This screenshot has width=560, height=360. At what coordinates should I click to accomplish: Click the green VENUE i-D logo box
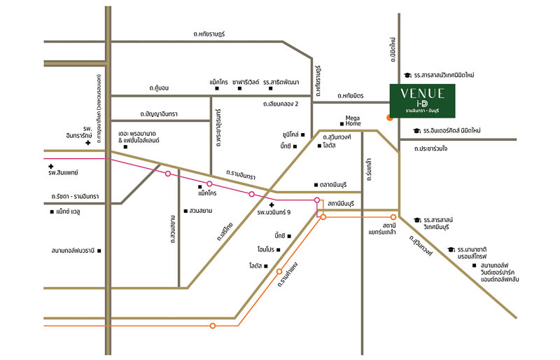coord(422,101)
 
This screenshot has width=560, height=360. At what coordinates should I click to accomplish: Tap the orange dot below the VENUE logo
coord(389,117)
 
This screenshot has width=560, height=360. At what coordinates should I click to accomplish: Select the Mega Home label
coord(353,120)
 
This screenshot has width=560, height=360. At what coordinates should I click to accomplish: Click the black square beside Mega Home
coord(342,124)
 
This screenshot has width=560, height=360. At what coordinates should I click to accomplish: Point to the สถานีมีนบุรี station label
coord(340,204)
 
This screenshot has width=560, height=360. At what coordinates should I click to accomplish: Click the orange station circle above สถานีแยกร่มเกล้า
coord(393,217)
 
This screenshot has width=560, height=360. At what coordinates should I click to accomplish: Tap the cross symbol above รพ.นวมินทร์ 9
coord(272,205)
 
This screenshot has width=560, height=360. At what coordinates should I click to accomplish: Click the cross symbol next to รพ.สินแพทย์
coord(50,166)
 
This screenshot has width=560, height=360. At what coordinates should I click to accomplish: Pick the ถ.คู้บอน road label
coord(159,88)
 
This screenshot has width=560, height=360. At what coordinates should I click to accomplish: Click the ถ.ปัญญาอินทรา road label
coord(159,114)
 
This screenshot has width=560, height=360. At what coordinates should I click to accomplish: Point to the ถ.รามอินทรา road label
coord(241,174)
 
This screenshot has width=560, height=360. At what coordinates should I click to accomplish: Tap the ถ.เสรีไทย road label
coord(225,231)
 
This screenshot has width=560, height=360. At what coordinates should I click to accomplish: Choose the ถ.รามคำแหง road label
coord(288,275)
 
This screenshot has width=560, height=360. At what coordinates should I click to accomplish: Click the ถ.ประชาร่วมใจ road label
coord(430,148)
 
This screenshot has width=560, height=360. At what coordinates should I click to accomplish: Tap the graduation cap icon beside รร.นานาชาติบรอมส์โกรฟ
coord(451,249)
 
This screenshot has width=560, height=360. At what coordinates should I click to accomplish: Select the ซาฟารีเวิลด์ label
coord(246,82)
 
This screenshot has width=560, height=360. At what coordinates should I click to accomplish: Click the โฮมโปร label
coord(266,249)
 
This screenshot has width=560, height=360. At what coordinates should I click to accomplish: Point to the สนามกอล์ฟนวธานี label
coord(73,251)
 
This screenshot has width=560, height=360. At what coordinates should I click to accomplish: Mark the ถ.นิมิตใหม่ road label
coord(393,49)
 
